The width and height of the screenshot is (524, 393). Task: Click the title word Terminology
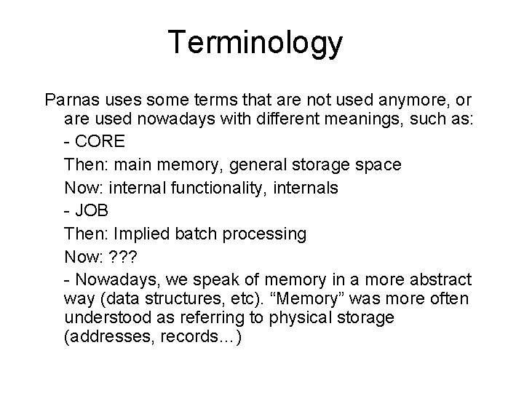254,44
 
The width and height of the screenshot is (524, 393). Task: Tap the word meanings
370,119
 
